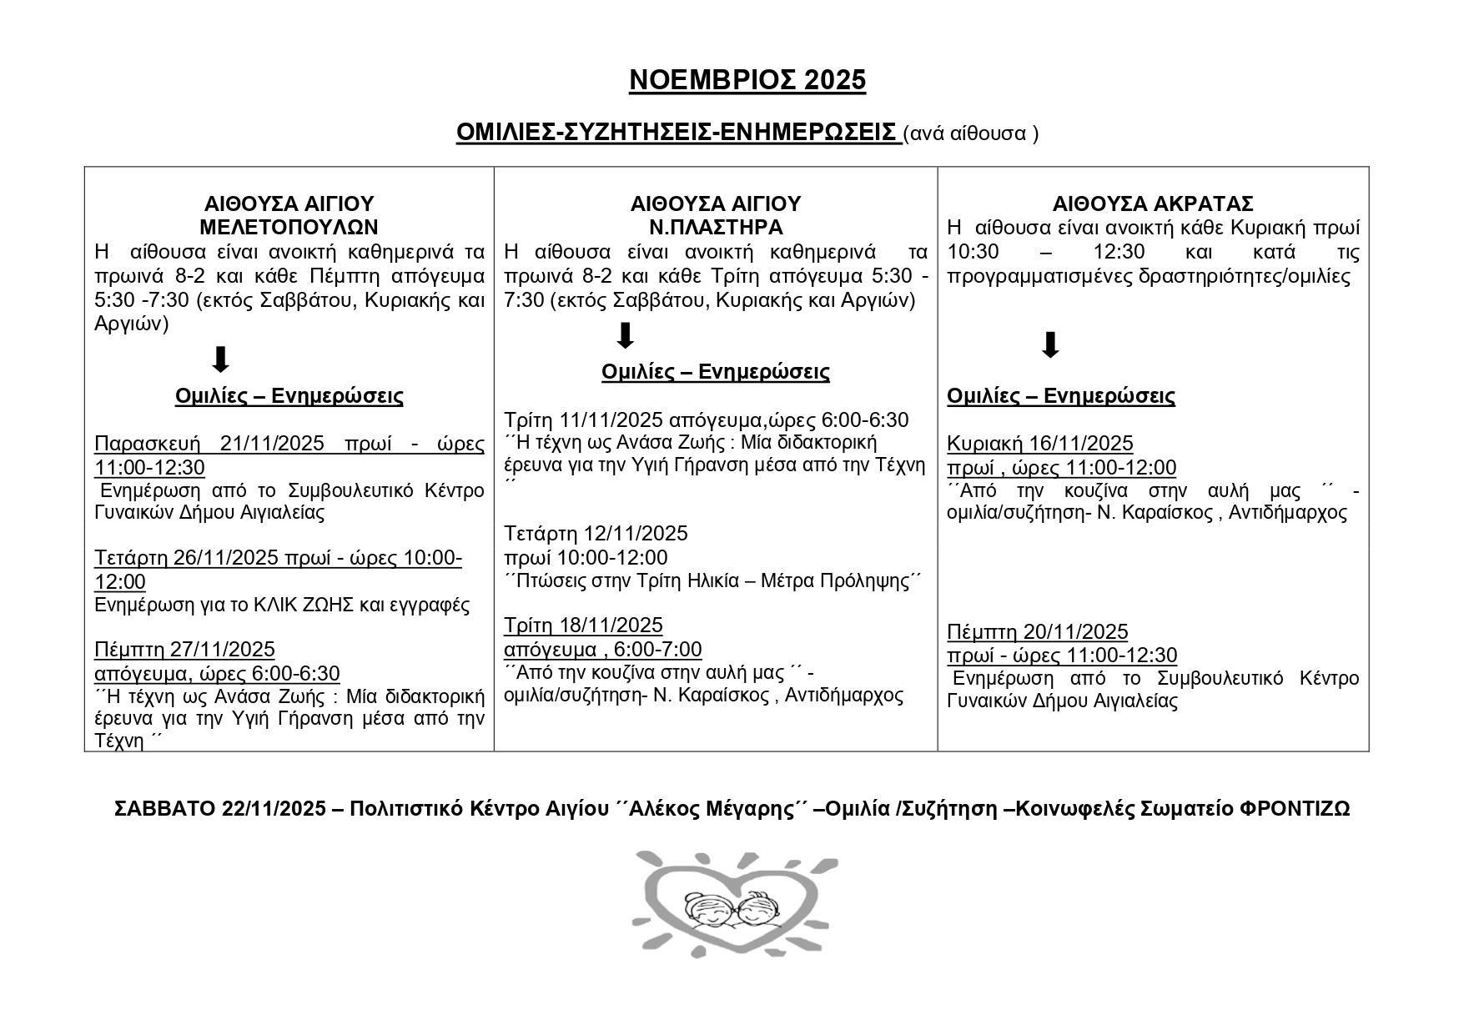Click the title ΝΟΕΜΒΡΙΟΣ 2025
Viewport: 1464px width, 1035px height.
point(747,80)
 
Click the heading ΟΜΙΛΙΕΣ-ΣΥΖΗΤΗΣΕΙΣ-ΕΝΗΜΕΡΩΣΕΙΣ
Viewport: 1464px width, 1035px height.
point(677,133)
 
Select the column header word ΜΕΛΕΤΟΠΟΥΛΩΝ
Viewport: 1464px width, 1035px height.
point(289,227)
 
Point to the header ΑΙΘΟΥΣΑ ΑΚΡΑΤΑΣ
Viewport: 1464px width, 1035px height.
point(1153,204)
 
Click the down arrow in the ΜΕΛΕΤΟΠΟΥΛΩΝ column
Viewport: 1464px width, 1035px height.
point(220,360)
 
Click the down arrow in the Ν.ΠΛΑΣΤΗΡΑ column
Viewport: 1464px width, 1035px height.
point(625,335)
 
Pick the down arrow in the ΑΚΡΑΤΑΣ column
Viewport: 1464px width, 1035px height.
point(1050,344)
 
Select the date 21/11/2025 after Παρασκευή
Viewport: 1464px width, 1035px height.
point(272,444)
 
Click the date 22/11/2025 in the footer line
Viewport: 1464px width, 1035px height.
point(274,809)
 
